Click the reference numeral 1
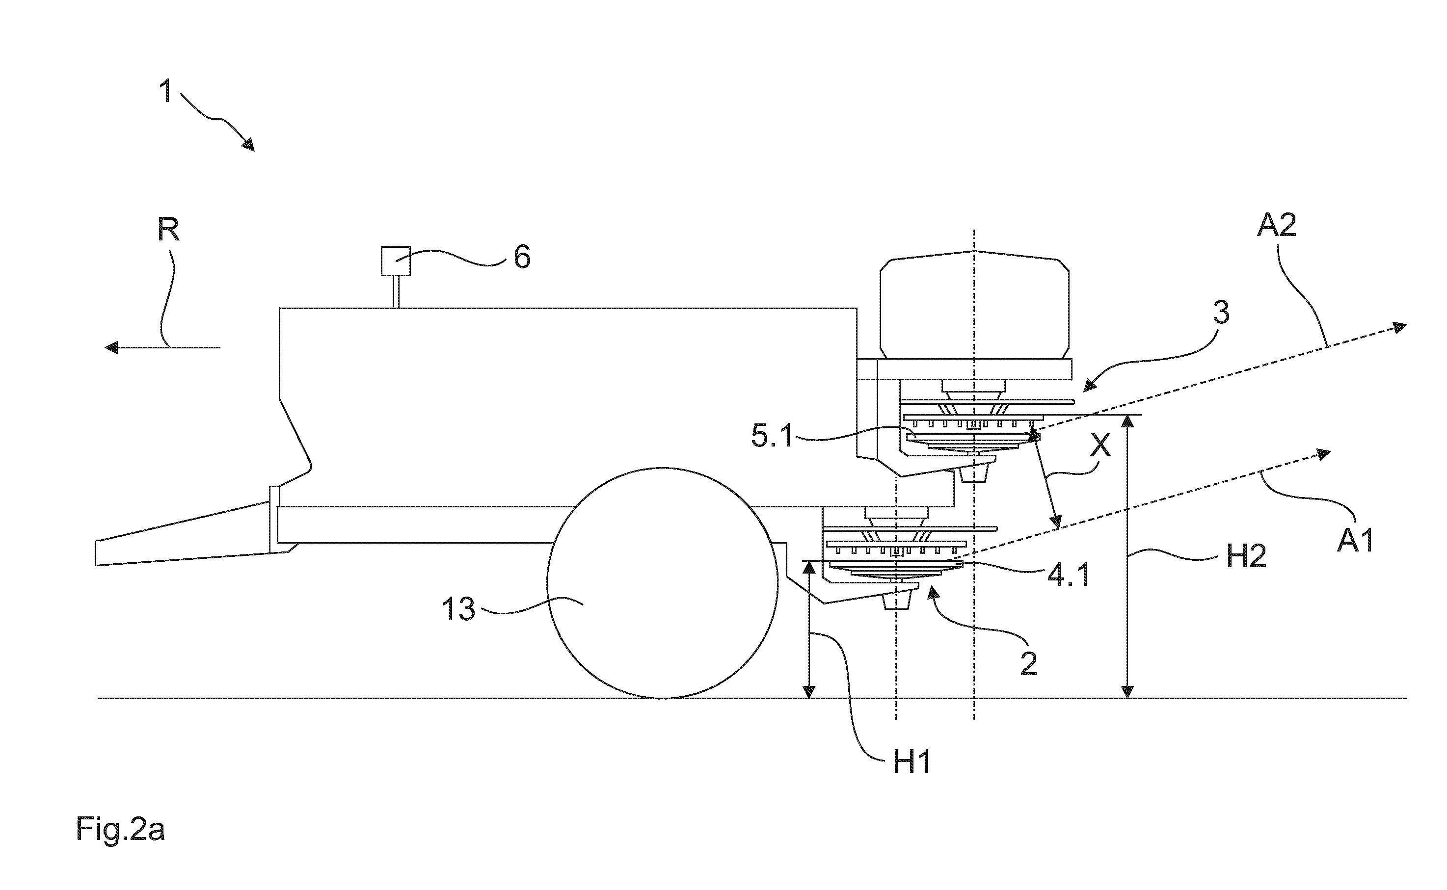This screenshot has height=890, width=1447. tap(166, 92)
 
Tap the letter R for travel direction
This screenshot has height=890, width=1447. tap(168, 230)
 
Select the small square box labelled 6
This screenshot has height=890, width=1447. tap(396, 261)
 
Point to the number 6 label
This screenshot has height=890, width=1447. tap(522, 257)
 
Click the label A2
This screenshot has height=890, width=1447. tap(1276, 225)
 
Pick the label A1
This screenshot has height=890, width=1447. tap(1355, 540)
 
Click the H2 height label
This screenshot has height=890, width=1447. tap(1246, 556)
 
